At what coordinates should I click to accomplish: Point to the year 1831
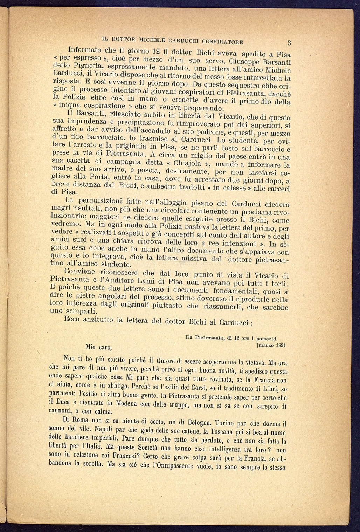click(281, 345)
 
